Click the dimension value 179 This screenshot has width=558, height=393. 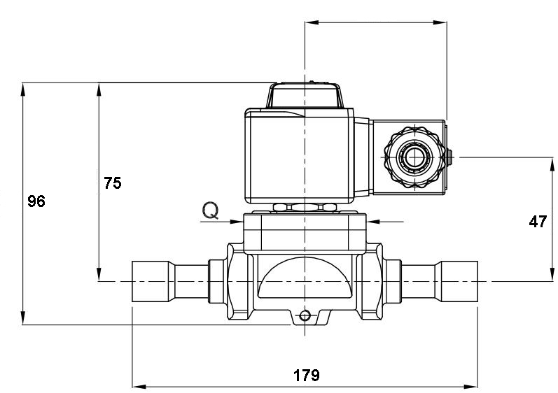click(x=307, y=376)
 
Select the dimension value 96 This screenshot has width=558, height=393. click(x=36, y=201)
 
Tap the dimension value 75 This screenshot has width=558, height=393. click(x=113, y=183)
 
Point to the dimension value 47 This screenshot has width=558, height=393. click(x=538, y=222)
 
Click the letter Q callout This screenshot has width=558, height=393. click(x=210, y=210)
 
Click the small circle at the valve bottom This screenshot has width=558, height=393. click(x=305, y=315)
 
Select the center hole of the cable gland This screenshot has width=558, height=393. click(x=415, y=157)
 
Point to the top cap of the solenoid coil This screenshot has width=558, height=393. click(x=305, y=95)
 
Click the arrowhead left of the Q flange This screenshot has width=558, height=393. click(x=237, y=222)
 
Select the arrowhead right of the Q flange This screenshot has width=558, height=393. click(x=373, y=222)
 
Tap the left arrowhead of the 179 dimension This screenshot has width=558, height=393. click(x=139, y=387)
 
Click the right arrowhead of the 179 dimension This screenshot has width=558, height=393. click(x=471, y=387)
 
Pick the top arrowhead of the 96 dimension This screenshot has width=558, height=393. click(x=23, y=90)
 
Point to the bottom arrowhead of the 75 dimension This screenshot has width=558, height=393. click(x=99, y=275)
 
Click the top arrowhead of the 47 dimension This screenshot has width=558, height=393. click(x=552, y=164)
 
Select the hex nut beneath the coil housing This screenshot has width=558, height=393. click(x=305, y=207)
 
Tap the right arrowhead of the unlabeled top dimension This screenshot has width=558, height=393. click(x=440, y=23)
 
